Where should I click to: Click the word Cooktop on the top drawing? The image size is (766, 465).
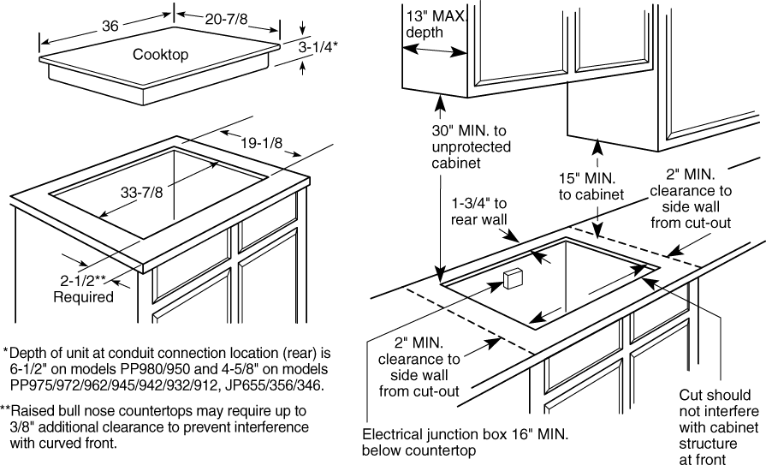pyautogui.click(x=160, y=55)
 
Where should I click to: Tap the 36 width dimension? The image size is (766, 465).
pyautogui.click(x=110, y=26)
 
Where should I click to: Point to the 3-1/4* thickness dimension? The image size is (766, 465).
pyautogui.click(x=318, y=49)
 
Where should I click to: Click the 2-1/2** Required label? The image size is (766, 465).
pyautogui.click(x=83, y=289)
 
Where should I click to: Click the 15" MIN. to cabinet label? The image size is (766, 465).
pyautogui.click(x=591, y=187)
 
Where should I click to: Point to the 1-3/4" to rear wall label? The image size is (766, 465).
pyautogui.click(x=479, y=212)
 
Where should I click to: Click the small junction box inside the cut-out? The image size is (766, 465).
pyautogui.click(x=514, y=279)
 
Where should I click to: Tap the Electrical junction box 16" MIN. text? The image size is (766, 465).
pyautogui.click(x=465, y=442)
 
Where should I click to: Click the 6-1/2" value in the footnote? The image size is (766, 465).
pyautogui.click(x=29, y=369)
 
